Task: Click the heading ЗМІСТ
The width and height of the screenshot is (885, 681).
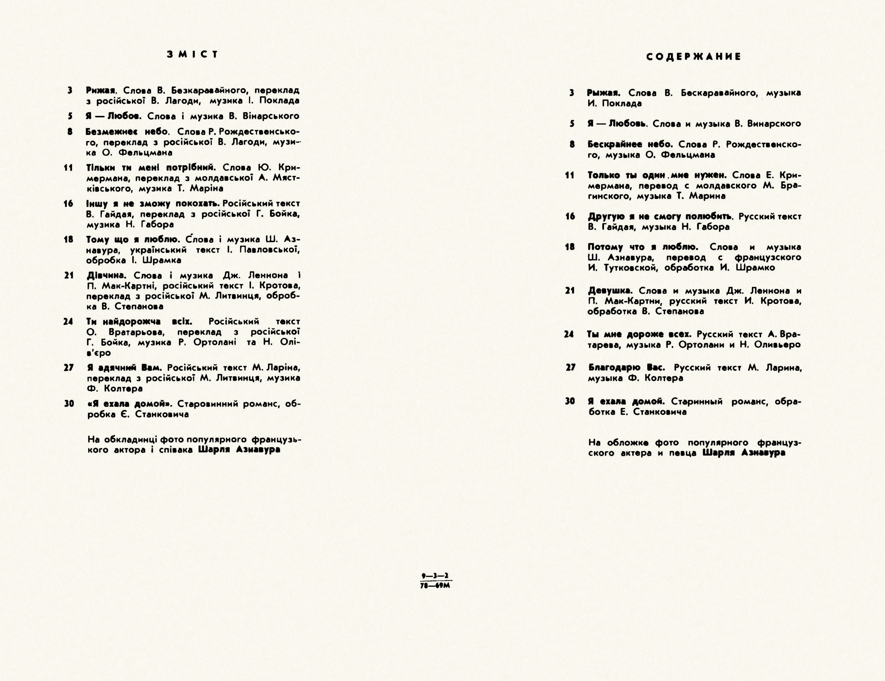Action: tap(193, 54)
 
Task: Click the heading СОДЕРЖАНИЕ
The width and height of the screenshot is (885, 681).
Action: tap(694, 57)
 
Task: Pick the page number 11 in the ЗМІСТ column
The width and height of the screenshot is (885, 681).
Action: tap(69, 168)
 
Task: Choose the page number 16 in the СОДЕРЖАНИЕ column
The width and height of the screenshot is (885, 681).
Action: tap(571, 217)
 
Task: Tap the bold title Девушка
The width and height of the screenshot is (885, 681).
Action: tap(610, 291)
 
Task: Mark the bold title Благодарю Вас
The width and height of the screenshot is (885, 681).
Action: tap(627, 368)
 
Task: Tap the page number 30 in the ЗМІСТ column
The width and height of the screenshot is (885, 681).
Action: tap(69, 404)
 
